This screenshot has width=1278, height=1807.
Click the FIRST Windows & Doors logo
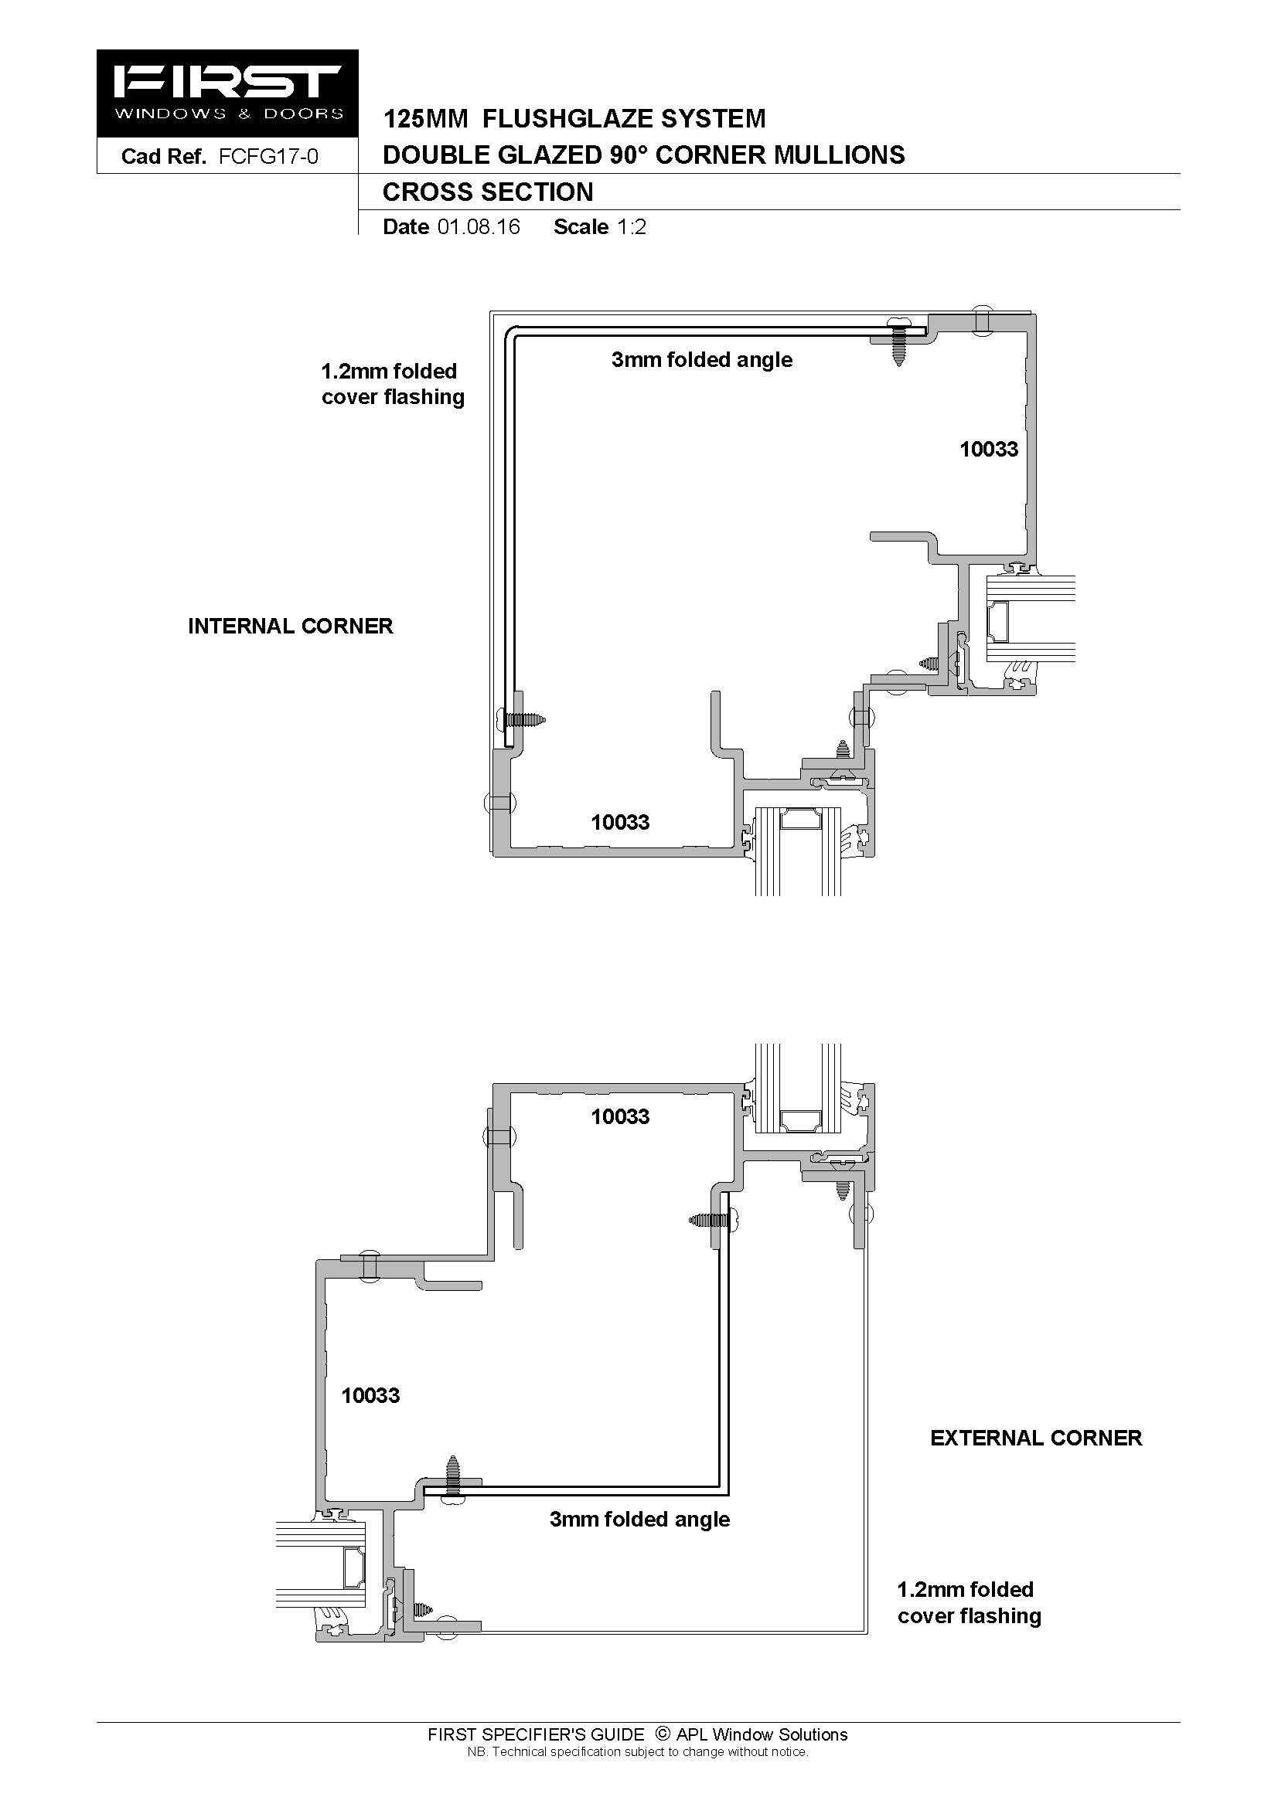[x=227, y=93]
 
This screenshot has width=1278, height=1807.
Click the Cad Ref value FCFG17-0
[x=268, y=157]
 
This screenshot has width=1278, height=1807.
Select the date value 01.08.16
[x=479, y=226]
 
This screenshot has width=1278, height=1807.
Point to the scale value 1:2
[x=632, y=226]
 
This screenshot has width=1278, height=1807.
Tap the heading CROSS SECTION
[x=487, y=192]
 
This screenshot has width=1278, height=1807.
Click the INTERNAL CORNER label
[x=290, y=626]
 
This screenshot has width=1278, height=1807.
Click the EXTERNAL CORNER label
[x=1035, y=1438]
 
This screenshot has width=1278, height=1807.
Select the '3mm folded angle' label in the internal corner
[x=701, y=360]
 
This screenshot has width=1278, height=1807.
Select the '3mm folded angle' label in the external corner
[x=639, y=1519]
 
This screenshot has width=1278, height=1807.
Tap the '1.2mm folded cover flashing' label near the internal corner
[x=392, y=384]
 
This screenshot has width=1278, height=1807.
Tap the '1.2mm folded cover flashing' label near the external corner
[x=969, y=1602]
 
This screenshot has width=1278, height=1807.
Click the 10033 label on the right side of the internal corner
[x=988, y=449]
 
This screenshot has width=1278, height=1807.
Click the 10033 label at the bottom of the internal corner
[x=621, y=822]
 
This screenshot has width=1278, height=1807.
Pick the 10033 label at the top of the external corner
[x=621, y=1116]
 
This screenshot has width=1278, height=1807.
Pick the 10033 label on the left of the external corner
[x=370, y=1395]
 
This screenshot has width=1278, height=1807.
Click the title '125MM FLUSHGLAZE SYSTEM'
[x=574, y=119]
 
